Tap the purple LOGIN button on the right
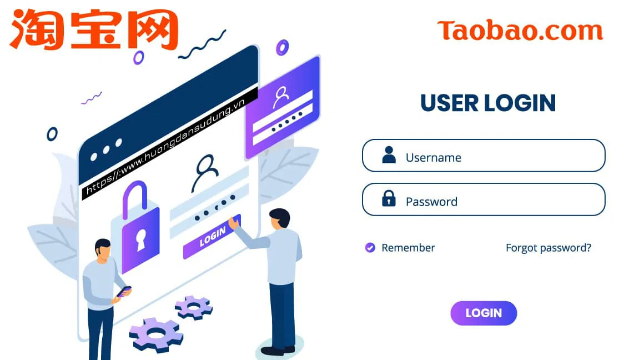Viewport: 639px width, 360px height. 484,313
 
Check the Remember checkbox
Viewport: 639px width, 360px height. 370,248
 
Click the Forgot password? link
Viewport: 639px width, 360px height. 548,248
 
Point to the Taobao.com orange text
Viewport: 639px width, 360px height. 520,31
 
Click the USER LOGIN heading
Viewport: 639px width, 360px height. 488,103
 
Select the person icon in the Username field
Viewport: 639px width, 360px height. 389,155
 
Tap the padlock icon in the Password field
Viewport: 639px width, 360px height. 389,198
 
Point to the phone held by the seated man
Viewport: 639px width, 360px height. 124,291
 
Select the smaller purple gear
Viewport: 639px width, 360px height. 194,306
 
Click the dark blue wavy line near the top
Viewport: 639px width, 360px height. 203,46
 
